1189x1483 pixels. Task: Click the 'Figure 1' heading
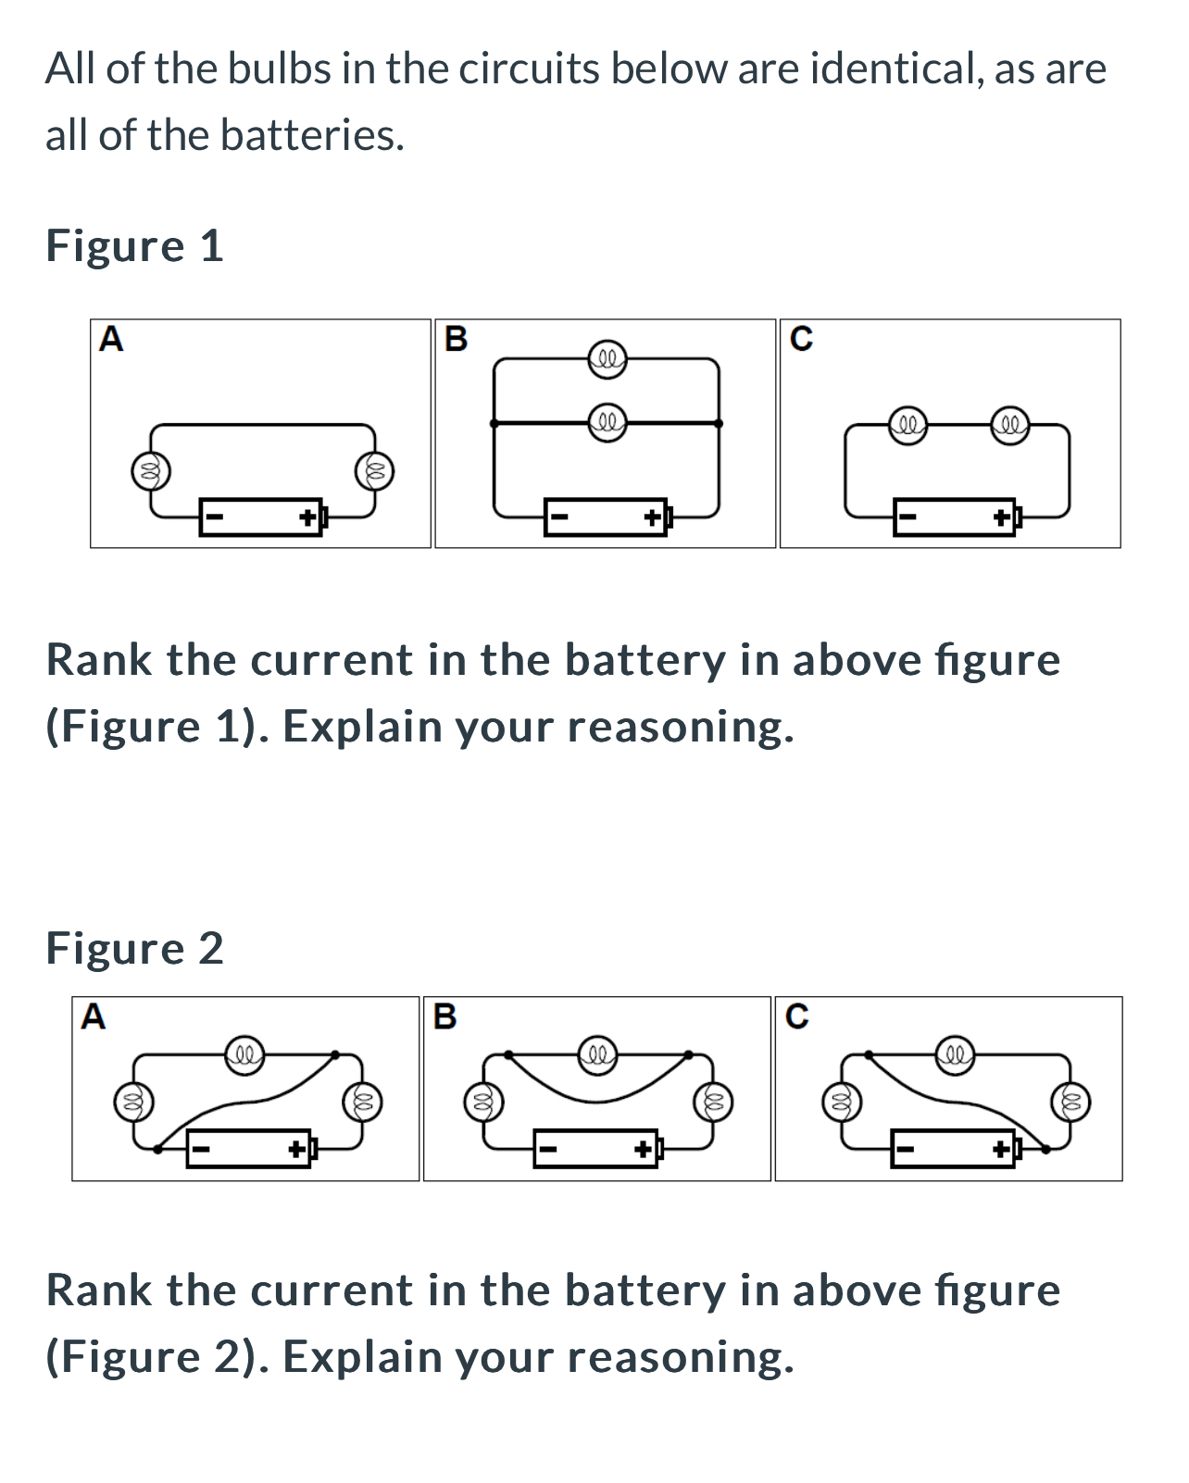coord(134,246)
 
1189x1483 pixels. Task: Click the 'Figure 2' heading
coord(134,949)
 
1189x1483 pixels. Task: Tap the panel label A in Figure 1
coord(111,340)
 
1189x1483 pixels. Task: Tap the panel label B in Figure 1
coord(456,340)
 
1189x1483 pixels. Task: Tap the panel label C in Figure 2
coord(796,1016)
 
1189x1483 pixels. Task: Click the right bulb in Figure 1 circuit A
coord(375,470)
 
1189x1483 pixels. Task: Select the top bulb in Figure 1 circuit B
coord(607,357)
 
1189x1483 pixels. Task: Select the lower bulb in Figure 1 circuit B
coord(607,423)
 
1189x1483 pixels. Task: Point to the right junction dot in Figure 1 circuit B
coord(719,423)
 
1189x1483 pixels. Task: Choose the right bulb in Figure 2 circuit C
coord(1071,1102)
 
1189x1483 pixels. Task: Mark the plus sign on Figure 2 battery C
coord(1002,1150)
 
